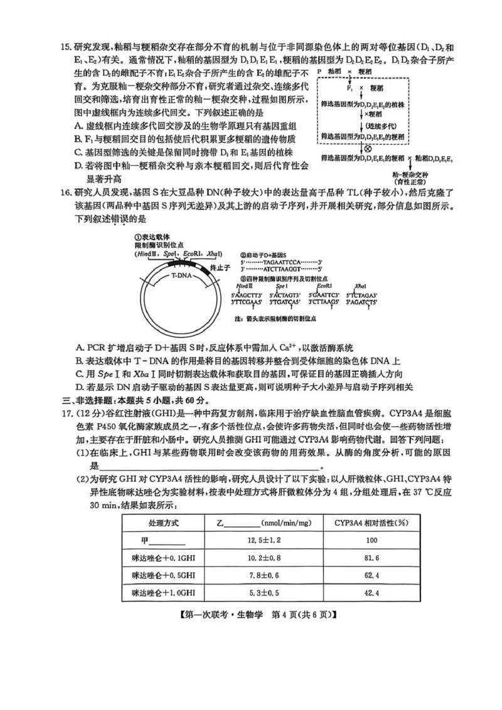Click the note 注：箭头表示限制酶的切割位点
coord(275,319)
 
